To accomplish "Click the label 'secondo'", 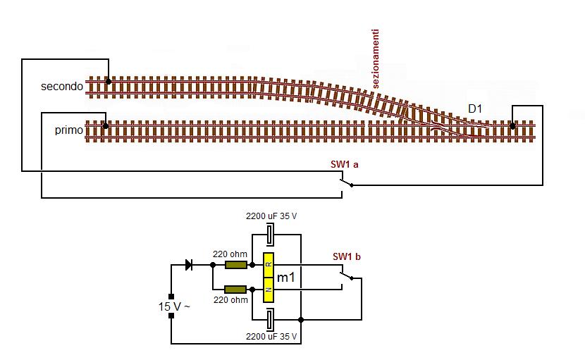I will coord(62,87).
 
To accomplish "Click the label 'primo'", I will coord(68,130).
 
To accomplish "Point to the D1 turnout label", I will coord(476,108).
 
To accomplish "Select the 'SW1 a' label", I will coord(345,164).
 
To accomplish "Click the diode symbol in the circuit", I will coord(189,265).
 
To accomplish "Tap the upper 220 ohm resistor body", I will coord(235,266).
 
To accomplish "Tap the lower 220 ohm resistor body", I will coord(235,289).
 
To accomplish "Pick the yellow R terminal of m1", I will coord(269,265).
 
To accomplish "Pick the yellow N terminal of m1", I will coord(269,290).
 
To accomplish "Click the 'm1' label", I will coord(285,278).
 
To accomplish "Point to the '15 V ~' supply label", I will coord(173,307).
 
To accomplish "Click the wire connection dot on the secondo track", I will coord(109,82).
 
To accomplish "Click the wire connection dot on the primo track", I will coord(105,126).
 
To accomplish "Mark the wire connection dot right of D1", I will coord(513,125).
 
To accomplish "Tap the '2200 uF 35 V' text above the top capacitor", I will coord(271,215).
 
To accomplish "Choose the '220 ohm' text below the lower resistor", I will coord(231,300).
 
